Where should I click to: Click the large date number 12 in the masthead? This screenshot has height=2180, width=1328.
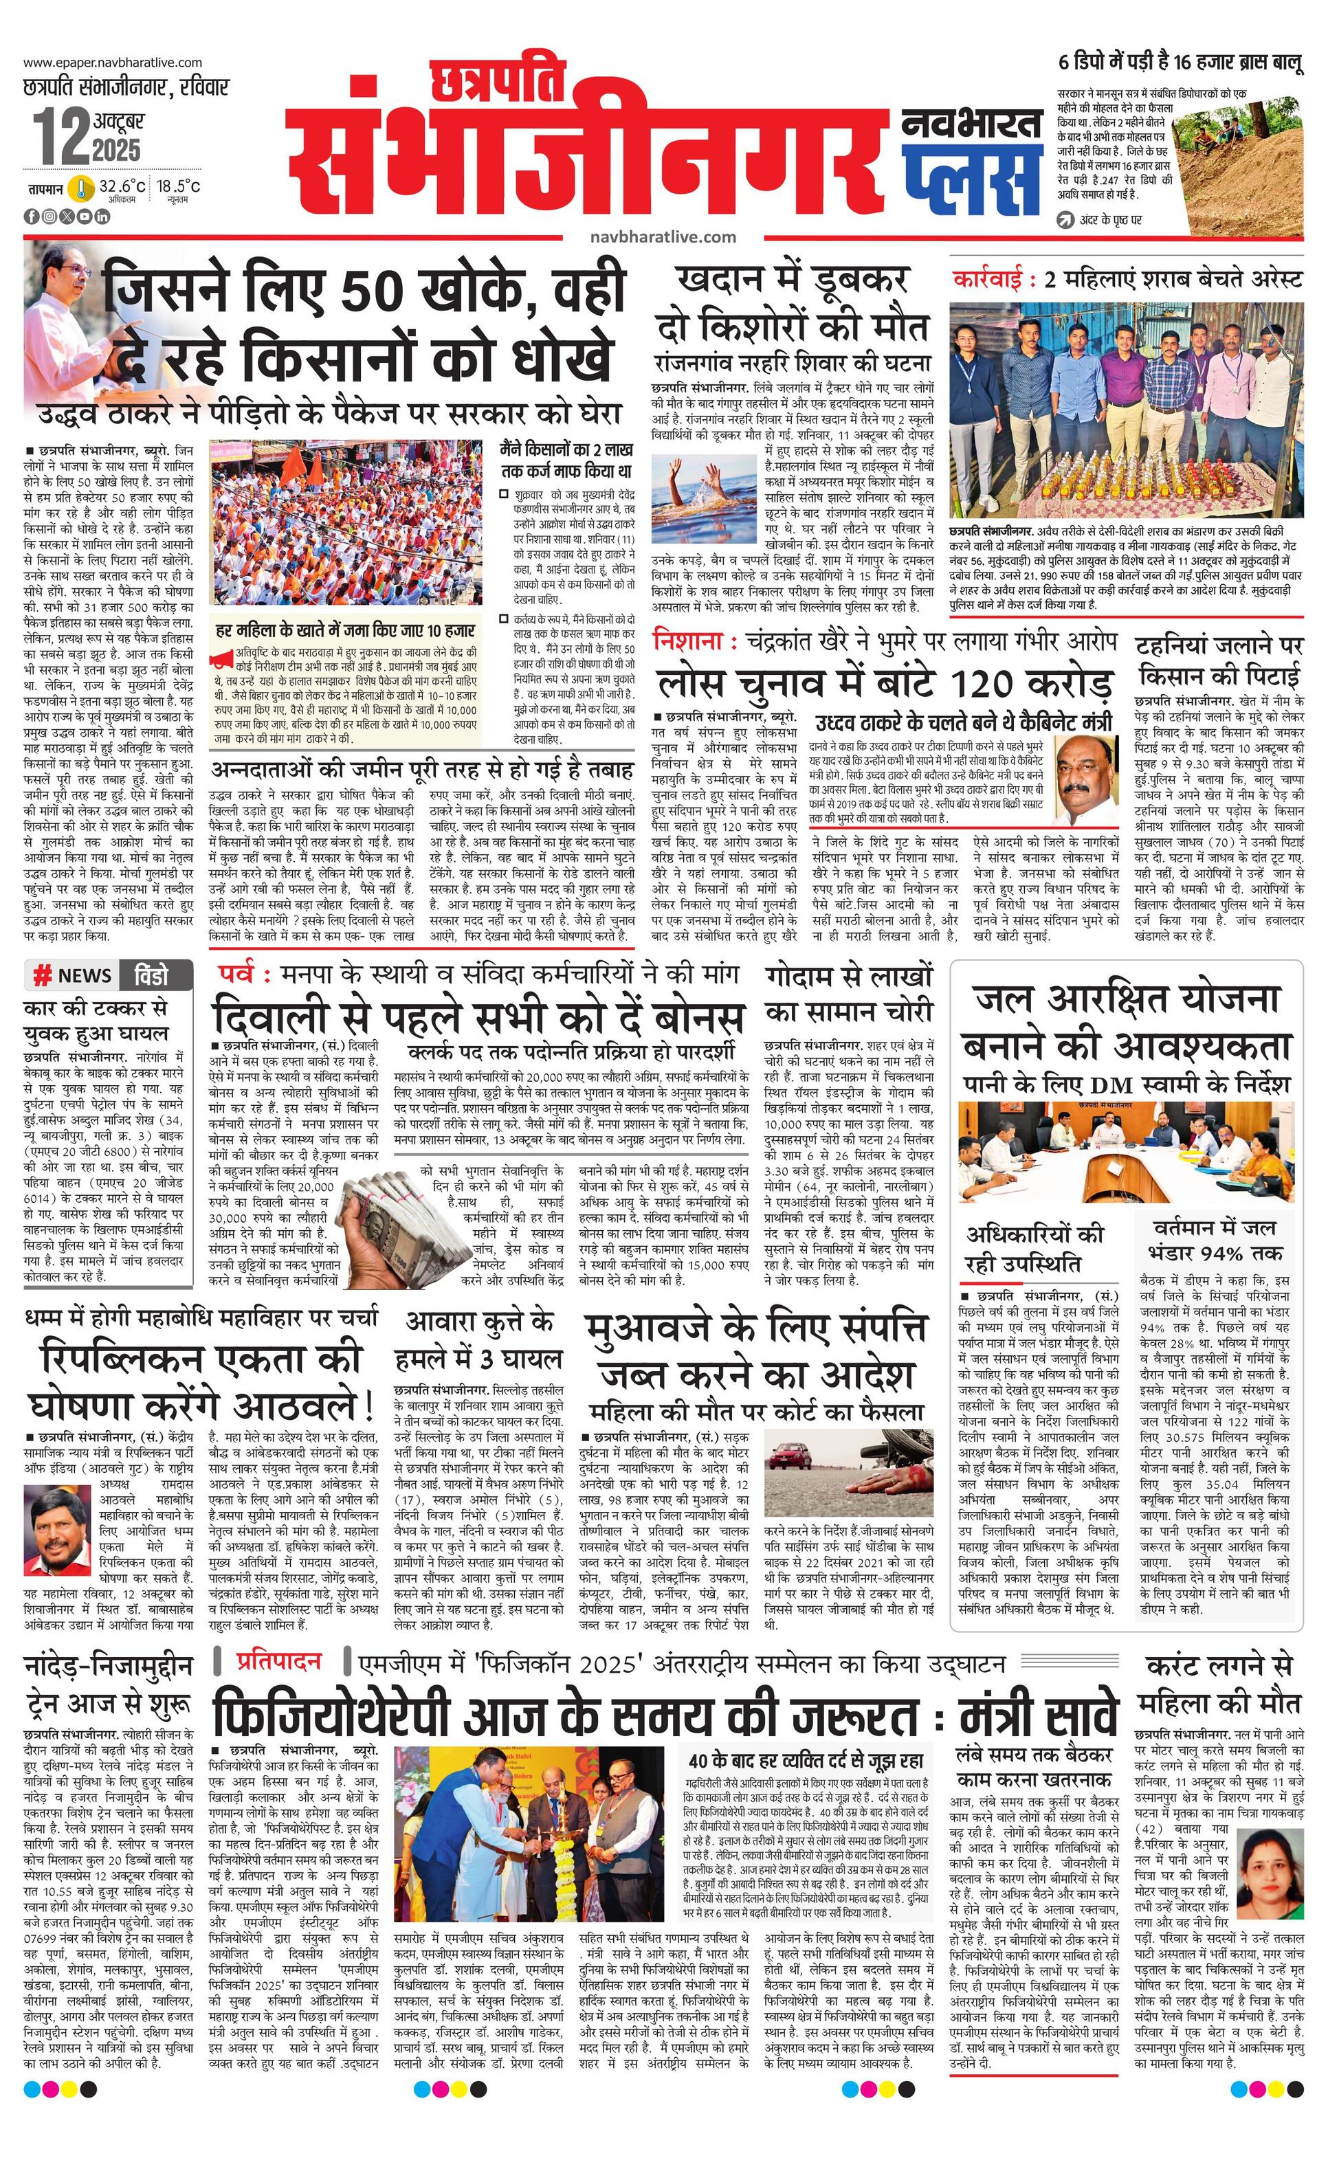click(x=61, y=135)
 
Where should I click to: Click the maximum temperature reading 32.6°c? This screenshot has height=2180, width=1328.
click(x=122, y=187)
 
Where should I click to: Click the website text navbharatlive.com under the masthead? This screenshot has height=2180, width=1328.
click(x=663, y=236)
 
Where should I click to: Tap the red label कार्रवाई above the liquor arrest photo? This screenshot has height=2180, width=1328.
click(x=992, y=280)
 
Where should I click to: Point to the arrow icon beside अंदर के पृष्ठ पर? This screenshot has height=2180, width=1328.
click(x=1066, y=219)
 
